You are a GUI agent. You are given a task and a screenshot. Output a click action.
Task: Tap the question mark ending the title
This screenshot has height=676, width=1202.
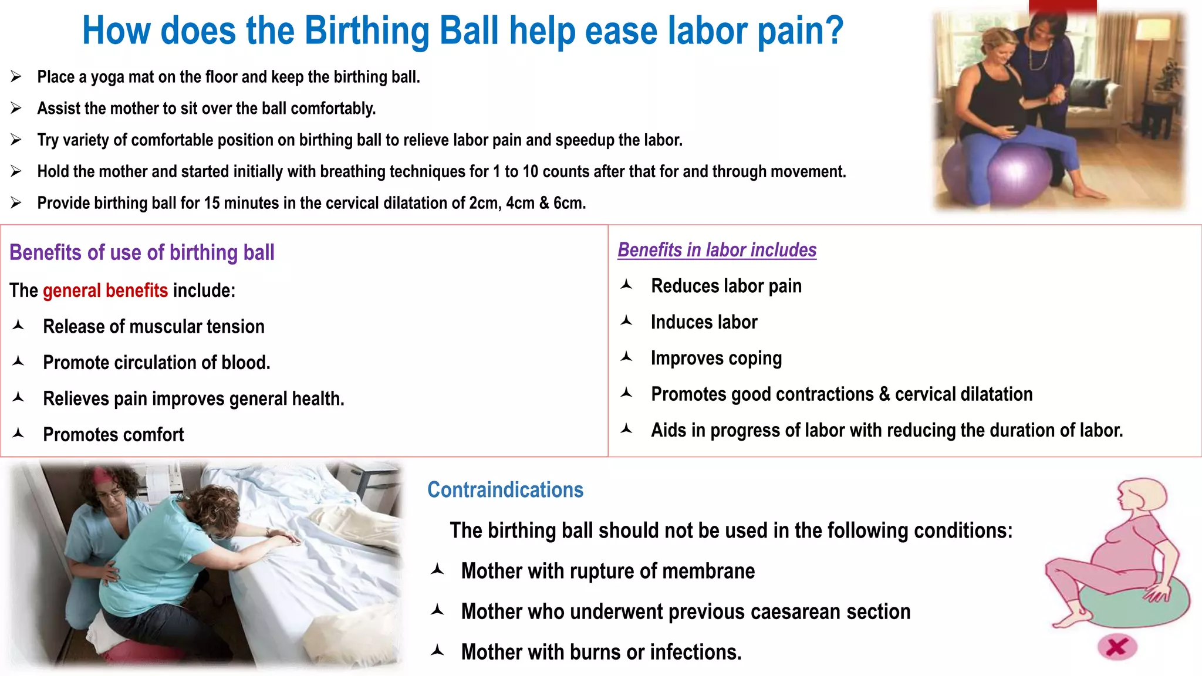click(833, 31)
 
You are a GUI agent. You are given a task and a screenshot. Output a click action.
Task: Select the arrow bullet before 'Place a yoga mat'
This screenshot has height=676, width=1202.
click(16, 77)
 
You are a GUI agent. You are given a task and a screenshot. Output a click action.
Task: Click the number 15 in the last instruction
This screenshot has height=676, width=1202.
click(211, 203)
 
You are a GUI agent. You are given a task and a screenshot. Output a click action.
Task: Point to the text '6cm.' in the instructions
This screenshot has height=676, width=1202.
click(569, 203)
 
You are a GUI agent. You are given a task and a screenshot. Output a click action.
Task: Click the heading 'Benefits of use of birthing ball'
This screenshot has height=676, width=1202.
click(142, 252)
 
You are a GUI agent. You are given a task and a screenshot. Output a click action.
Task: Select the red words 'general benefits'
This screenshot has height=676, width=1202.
click(106, 290)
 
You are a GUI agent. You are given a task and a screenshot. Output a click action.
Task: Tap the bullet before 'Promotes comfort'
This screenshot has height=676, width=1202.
click(18, 434)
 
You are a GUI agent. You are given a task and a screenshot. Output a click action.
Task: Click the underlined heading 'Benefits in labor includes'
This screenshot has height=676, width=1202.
click(717, 250)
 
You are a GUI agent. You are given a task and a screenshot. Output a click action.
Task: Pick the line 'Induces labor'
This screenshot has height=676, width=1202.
click(704, 322)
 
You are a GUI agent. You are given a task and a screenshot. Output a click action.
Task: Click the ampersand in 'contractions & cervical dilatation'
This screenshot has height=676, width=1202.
click(884, 394)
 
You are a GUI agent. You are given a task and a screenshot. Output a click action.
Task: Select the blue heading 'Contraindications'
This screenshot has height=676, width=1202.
click(505, 490)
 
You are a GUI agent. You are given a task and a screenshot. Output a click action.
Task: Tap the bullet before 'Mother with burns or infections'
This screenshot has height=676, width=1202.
click(437, 651)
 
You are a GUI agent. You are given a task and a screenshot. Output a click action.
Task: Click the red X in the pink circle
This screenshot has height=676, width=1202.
click(1117, 647)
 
